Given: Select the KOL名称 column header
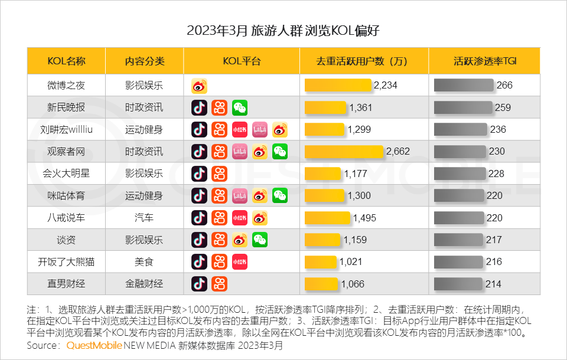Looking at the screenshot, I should click(x=66, y=61).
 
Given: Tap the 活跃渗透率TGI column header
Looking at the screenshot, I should click(x=485, y=61).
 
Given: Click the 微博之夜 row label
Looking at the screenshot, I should click(x=66, y=86).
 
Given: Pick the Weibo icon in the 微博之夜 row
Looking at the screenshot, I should click(x=199, y=86).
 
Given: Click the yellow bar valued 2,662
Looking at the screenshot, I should click(x=344, y=152).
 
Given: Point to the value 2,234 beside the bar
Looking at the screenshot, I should click(x=386, y=86).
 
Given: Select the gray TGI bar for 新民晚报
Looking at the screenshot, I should click(x=463, y=107).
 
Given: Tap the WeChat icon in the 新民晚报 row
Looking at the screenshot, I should click(x=240, y=107).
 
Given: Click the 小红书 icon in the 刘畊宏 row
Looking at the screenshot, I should click(x=240, y=130).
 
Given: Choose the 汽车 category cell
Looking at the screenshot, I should click(x=144, y=218).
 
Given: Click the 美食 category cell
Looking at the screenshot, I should click(x=144, y=261).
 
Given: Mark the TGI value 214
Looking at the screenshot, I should click(x=493, y=284).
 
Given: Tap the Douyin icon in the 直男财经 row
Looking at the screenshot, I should click(x=199, y=284).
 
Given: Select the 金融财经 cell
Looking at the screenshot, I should click(x=144, y=284).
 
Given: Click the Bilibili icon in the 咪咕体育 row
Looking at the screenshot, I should click(x=240, y=195).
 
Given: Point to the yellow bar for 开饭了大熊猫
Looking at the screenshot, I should click(x=321, y=261).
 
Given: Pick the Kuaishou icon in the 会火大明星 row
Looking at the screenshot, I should click(x=219, y=174).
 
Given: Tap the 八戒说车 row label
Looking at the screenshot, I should click(x=66, y=218).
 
